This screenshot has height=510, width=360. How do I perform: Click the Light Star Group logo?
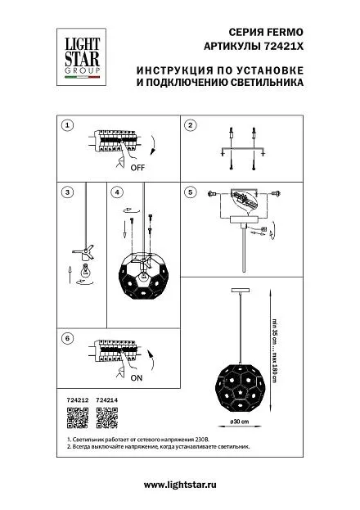pyautogui.click(x=81, y=57)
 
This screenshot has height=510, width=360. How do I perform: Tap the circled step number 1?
pyautogui.click(x=67, y=125)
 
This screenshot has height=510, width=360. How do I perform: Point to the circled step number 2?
pyautogui.click(x=191, y=125)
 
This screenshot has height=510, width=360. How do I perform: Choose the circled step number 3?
pyautogui.click(x=67, y=192)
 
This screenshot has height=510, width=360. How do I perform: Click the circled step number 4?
pyautogui.click(x=117, y=192)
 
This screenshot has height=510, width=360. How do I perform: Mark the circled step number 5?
pyautogui.click(x=191, y=192)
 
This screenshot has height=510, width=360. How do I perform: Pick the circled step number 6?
pyautogui.click(x=67, y=338)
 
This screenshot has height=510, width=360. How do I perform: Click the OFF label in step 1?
pyautogui.click(x=137, y=168)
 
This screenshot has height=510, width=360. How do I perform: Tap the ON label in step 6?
pyautogui.click(x=137, y=378)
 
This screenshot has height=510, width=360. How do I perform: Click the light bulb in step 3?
pyautogui.click(x=86, y=271)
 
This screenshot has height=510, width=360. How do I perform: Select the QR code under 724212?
pyautogui.click(x=78, y=417)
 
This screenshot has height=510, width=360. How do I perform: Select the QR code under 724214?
pyautogui.click(x=107, y=417)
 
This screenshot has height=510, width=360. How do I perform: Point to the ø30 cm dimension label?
pyautogui.click(x=240, y=422)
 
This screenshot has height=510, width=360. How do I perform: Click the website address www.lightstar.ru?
pyautogui.click(x=180, y=485)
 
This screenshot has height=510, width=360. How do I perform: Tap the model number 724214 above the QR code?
pyautogui.click(x=107, y=400)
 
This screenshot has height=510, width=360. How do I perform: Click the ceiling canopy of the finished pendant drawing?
pyautogui.click(x=240, y=290)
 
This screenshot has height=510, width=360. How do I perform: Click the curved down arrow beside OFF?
pyautogui.click(x=154, y=145)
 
